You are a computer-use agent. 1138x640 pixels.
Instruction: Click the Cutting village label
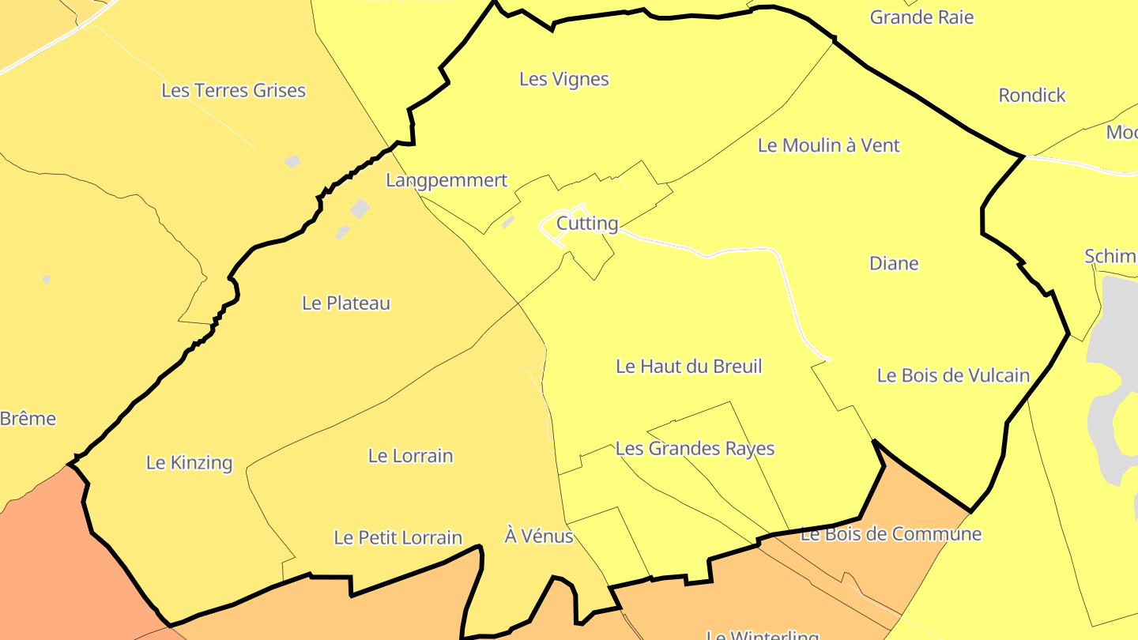click(587, 224)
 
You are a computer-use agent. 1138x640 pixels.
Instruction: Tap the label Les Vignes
click(564, 79)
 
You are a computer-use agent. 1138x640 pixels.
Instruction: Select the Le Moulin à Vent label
click(828, 145)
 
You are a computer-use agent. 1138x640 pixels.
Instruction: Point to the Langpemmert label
click(447, 180)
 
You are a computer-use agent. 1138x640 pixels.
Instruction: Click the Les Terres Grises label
click(233, 91)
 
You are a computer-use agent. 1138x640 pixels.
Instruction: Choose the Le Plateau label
click(346, 303)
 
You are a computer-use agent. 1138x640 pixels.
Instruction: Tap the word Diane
click(894, 263)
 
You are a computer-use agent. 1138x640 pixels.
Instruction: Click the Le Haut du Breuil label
click(688, 367)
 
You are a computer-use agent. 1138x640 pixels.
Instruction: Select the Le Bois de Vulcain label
click(953, 375)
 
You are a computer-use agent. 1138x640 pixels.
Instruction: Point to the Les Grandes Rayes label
click(695, 449)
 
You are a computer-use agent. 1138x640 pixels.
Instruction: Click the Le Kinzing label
click(190, 463)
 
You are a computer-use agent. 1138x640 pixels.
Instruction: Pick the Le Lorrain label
click(411, 456)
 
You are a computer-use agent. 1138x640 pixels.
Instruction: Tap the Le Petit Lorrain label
click(398, 538)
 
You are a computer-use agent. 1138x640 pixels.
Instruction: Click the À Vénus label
click(538, 536)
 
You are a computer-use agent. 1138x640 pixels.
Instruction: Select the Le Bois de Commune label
click(891, 534)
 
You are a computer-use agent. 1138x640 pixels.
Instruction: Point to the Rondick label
click(1032, 96)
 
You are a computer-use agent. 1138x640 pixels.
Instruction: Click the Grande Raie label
click(921, 17)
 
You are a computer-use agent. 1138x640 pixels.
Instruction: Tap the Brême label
click(28, 419)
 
